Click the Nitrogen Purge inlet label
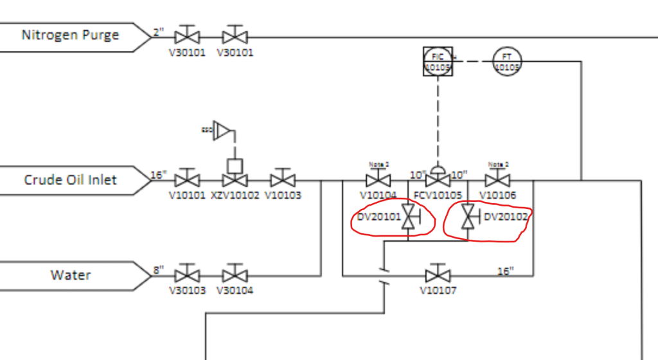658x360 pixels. click(71, 35)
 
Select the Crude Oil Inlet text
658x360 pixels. click(71, 179)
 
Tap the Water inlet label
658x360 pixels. click(71, 275)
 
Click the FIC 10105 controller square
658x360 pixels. click(437, 61)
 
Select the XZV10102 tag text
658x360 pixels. click(235, 195)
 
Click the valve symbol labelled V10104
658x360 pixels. click(378, 180)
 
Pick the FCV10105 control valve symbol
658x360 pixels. click(438, 179)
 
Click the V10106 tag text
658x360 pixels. click(498, 195)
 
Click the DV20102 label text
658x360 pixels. click(505, 217)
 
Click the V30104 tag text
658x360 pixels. click(235, 291)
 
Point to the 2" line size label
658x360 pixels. click(159, 32)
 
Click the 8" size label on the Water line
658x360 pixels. click(159, 270)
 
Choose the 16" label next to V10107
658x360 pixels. click(506, 271)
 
